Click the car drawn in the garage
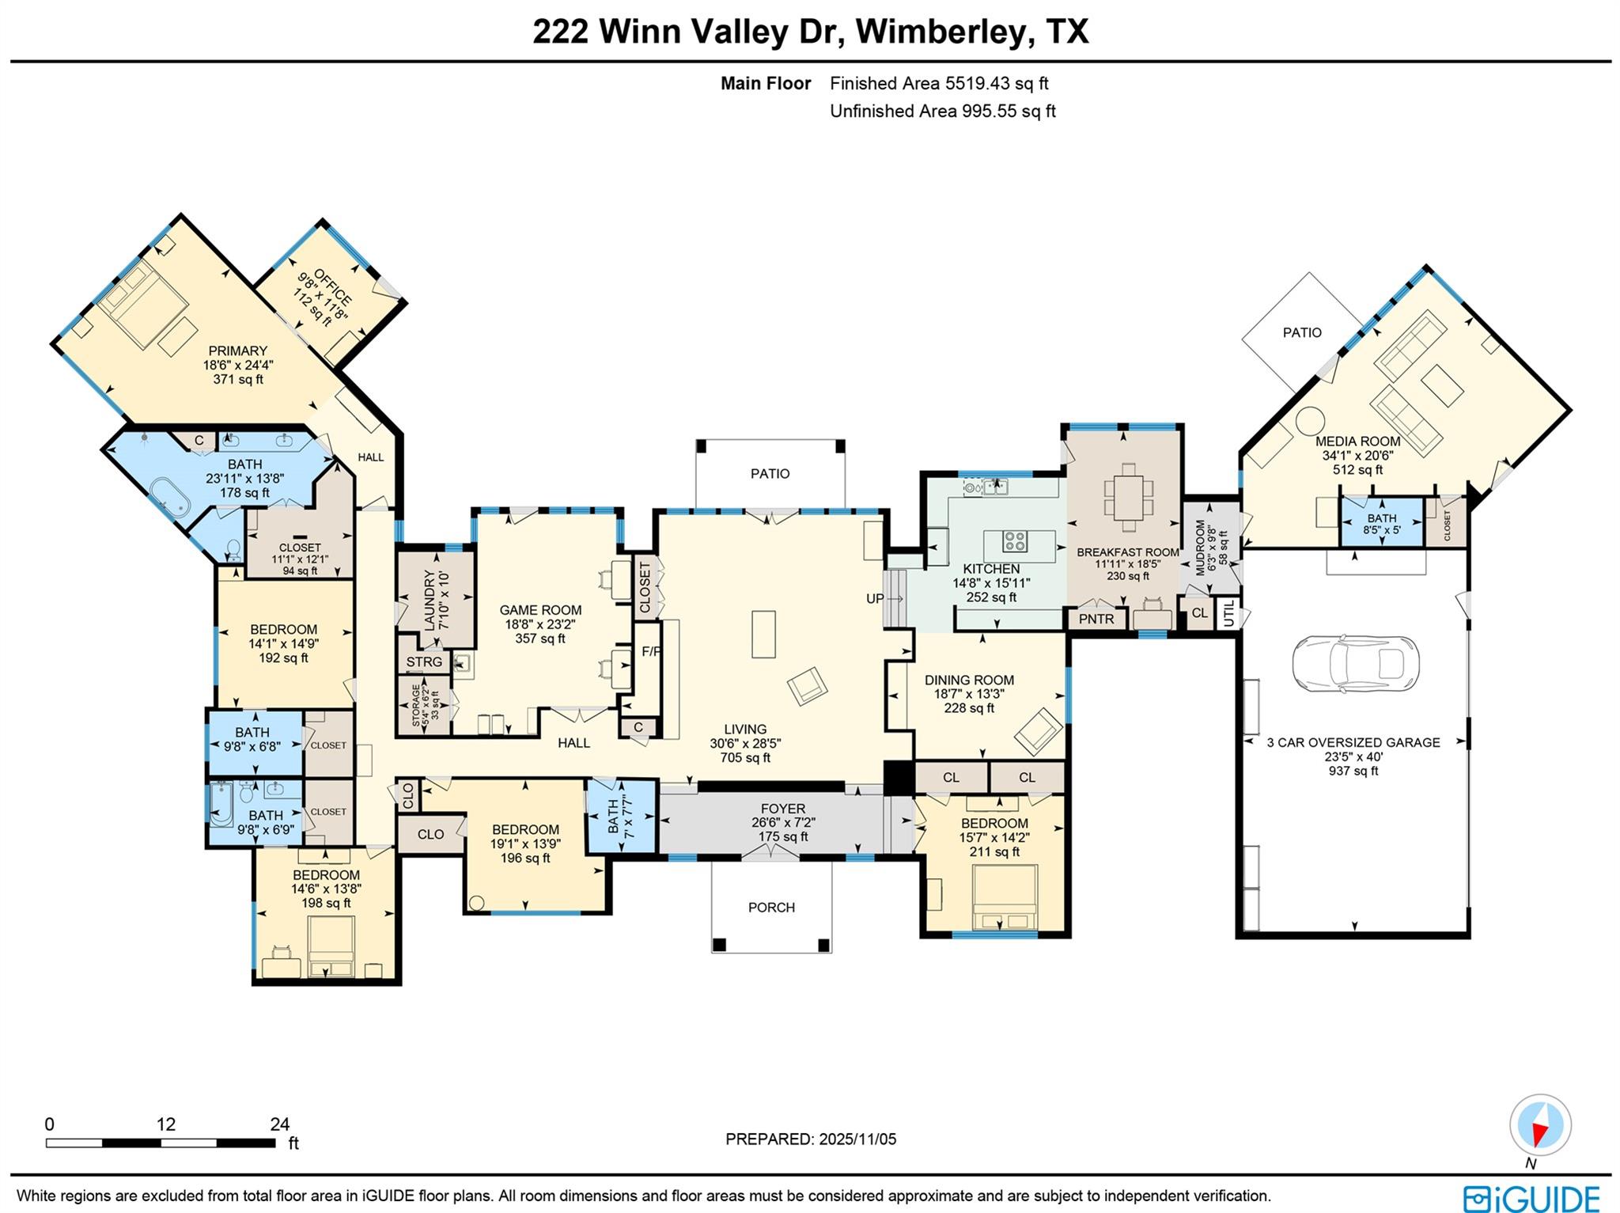(x=1355, y=663)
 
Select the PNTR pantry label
(x=1096, y=619)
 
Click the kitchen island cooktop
(x=1015, y=542)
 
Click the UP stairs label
(x=875, y=598)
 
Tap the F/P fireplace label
(x=651, y=652)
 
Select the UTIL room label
(x=1229, y=614)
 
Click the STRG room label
(x=424, y=662)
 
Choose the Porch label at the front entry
(x=771, y=907)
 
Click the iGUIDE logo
(x=1531, y=1197)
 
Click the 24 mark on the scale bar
(x=279, y=1124)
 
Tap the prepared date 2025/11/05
(x=857, y=1139)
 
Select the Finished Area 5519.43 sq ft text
(x=939, y=83)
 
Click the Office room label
(x=331, y=286)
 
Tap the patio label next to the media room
(x=1301, y=332)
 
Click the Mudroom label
(x=1201, y=548)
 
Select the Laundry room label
(x=430, y=599)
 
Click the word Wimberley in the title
(x=945, y=32)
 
